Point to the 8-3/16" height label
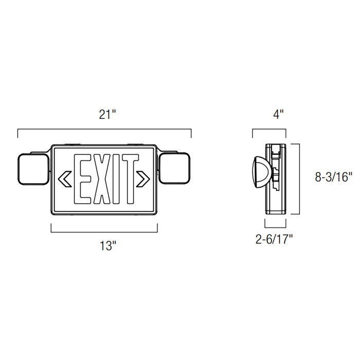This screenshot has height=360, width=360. point(333,177)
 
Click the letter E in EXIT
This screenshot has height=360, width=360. point(83,178)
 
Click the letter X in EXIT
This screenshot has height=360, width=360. point(100,178)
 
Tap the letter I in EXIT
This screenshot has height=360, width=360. point(114,178)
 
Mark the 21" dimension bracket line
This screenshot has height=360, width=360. point(105,129)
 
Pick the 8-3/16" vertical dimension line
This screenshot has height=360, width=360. point(300,178)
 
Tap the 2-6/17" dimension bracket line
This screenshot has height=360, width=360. point(275,226)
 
